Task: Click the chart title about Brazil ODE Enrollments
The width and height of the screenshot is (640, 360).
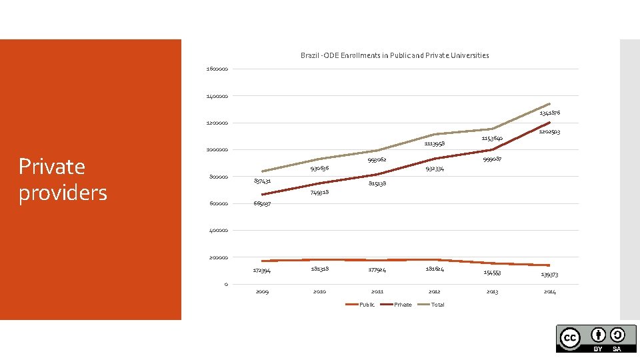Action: tap(395, 55)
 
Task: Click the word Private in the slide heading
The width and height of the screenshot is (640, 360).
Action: tap(52, 166)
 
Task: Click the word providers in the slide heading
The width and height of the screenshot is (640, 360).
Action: tap(63, 193)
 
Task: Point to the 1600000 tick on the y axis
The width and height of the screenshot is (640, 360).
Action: tap(217, 69)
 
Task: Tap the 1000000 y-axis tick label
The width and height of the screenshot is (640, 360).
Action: tap(217, 150)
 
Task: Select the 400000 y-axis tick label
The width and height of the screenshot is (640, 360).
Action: tap(217, 231)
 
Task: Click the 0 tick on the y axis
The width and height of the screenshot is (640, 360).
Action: tap(226, 285)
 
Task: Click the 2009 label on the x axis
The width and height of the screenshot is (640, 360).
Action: tap(262, 291)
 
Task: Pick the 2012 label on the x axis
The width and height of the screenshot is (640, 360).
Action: tap(435, 291)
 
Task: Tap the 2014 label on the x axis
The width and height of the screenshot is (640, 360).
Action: tap(549, 291)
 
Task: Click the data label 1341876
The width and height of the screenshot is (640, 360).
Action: tap(549, 113)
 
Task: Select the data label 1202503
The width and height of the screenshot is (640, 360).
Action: tap(549, 132)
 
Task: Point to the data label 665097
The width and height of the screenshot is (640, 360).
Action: tap(262, 203)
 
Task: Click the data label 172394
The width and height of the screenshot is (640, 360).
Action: tap(262, 270)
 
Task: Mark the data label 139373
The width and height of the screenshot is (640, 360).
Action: tap(549, 274)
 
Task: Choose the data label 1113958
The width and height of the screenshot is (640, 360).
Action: tap(435, 143)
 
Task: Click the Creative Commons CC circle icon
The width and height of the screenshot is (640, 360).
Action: tap(569, 337)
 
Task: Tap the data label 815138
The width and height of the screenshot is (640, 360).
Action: tap(377, 183)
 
